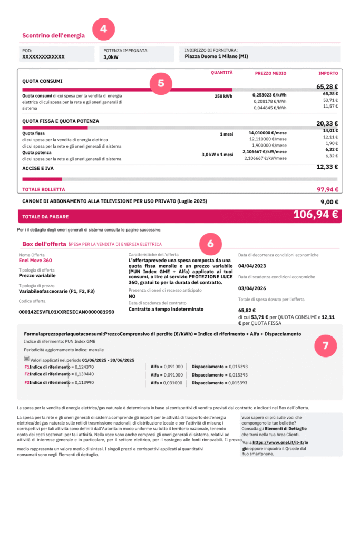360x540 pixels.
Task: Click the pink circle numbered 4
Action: (103, 30)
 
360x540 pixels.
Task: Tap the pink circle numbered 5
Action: (161, 83)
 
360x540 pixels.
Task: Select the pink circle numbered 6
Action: (211, 244)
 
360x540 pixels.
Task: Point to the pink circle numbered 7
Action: (325, 346)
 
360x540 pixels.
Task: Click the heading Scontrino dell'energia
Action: (53, 36)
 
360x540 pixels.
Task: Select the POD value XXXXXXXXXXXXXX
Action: (43, 56)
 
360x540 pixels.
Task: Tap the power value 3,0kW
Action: (111, 56)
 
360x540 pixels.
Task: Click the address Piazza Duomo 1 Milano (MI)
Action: (217, 56)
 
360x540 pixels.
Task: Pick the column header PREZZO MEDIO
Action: (270, 73)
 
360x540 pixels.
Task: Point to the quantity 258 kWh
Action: (223, 97)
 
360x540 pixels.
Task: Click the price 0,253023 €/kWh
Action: (269, 95)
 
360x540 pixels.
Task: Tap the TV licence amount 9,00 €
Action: (329, 201)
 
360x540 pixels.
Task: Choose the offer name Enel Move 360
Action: (36, 261)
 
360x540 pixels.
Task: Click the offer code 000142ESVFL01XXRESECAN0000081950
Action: (66, 312)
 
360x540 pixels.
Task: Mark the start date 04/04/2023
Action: (252, 266)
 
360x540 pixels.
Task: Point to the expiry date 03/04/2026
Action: (252, 288)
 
